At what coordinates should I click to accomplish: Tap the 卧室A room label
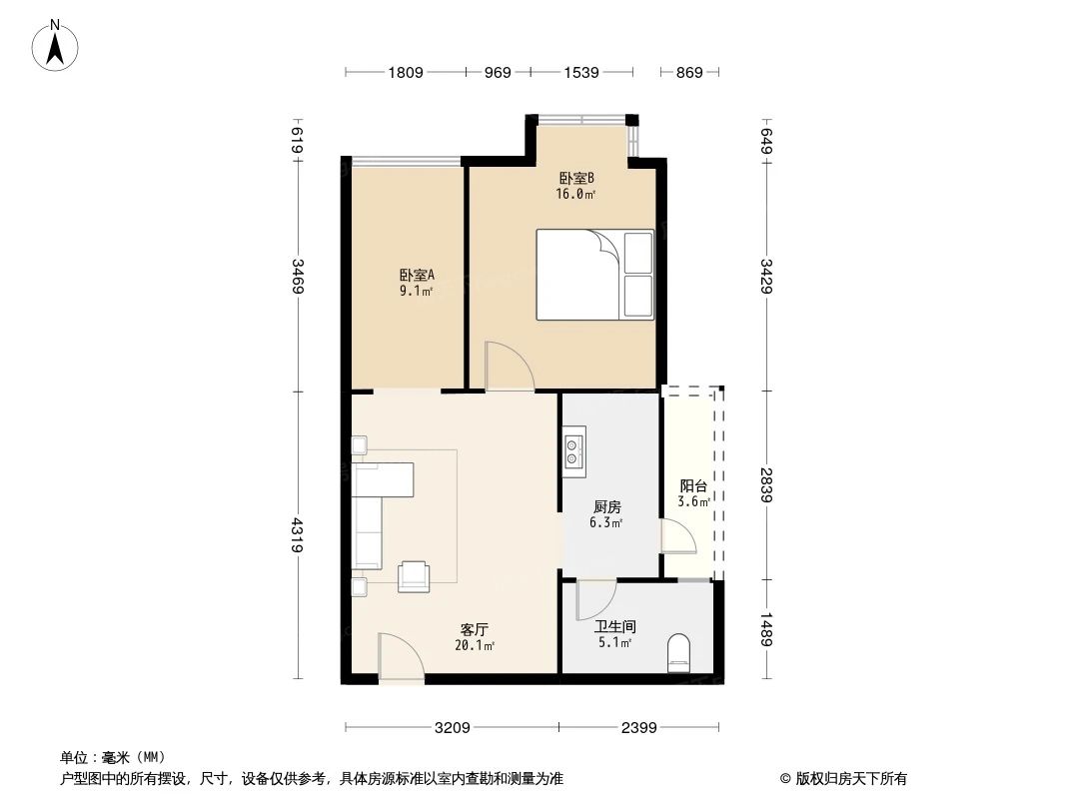416,275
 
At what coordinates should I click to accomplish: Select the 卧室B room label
576,179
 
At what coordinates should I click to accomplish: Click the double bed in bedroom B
594,275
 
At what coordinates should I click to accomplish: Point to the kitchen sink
573,450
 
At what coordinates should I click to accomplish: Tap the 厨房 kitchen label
604,506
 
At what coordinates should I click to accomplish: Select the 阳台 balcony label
693,486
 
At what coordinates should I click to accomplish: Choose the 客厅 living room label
474,629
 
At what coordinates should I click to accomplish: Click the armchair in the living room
414,575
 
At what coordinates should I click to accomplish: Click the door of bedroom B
509,367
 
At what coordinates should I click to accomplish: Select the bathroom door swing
595,599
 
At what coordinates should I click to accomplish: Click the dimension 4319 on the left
298,534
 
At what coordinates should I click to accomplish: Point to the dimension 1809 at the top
406,72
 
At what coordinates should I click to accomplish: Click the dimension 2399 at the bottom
637,728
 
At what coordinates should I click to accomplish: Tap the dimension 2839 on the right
766,484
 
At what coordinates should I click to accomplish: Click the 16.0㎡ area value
576,195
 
